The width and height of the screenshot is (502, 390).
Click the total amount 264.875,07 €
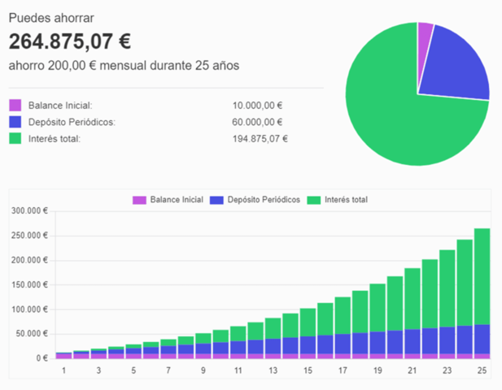[70, 41]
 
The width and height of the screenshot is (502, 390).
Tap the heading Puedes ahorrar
[51, 18]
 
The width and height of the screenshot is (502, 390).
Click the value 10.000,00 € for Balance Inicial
[257, 106]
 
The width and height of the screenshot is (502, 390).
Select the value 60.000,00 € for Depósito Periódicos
[257, 122]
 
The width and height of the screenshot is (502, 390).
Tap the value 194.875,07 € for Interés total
[260, 139]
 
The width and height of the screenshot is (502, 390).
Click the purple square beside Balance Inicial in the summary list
[15, 105]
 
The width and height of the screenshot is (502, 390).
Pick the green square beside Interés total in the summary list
[15, 138]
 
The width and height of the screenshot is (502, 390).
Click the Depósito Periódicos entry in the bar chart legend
[255, 200]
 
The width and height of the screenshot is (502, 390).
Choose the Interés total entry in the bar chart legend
[338, 200]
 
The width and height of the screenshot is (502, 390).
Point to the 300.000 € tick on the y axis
[29, 210]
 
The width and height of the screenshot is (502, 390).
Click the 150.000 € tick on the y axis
[29, 284]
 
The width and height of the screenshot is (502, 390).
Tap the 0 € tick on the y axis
[42, 358]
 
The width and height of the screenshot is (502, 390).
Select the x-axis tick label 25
[482, 370]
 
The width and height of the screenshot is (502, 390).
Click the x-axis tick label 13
[273, 370]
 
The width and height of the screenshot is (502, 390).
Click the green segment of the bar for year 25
[482, 276]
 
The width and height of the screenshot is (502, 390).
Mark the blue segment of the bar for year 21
[413, 341]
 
